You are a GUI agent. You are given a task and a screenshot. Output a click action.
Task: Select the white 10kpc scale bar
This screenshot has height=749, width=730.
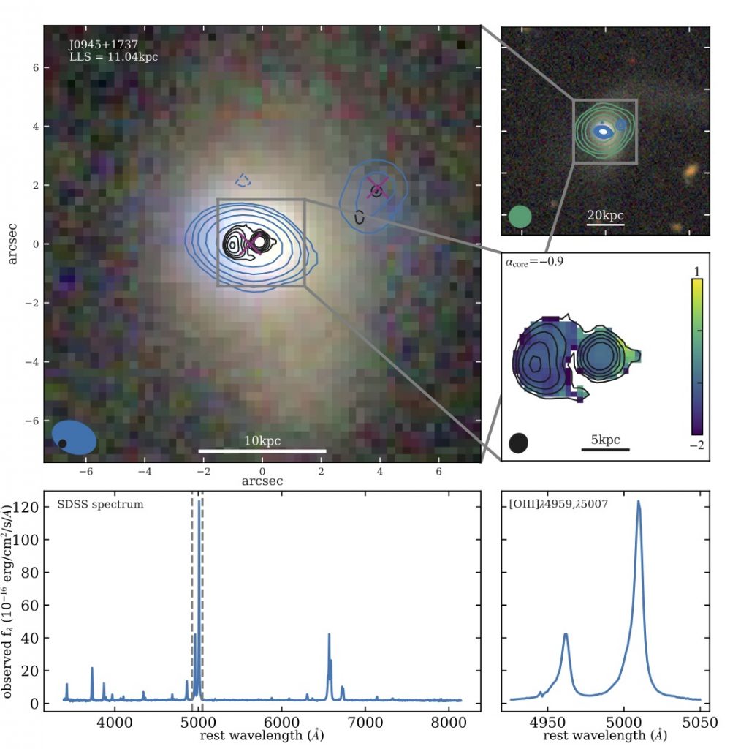point(262,450)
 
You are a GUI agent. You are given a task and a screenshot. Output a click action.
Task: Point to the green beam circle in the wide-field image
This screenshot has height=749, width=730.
point(520,217)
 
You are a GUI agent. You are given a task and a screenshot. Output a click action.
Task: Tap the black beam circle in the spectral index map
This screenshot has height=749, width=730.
point(518,442)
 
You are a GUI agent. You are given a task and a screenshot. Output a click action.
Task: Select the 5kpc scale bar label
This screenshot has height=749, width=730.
point(605,440)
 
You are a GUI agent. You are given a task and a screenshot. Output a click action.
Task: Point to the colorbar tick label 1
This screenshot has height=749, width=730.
point(696,271)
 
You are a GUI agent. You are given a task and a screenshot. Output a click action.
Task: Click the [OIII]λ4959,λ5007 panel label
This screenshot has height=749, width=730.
point(559,505)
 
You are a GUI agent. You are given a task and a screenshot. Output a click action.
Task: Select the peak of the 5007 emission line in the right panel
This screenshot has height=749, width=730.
point(639,502)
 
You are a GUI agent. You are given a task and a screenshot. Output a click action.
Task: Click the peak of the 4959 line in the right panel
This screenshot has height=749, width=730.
point(565,635)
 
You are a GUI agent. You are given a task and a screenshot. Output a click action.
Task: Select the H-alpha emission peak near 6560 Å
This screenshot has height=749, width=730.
point(329,635)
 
